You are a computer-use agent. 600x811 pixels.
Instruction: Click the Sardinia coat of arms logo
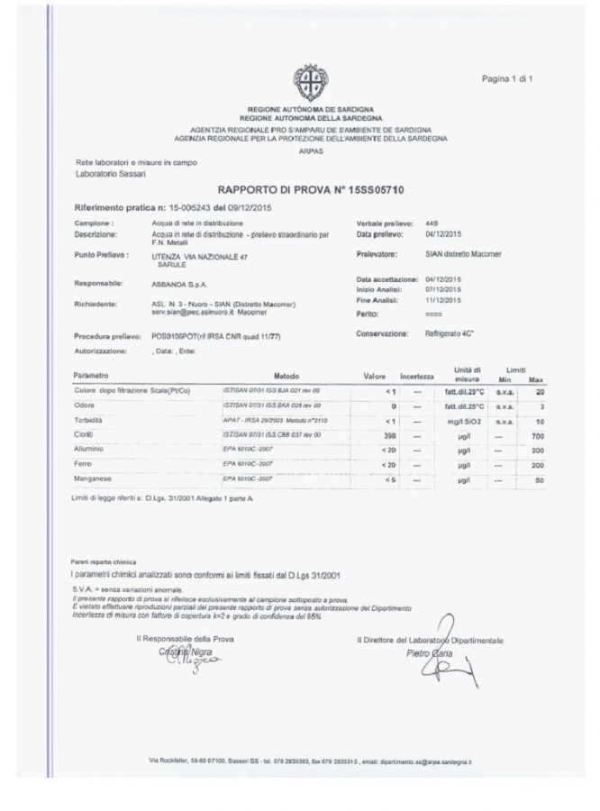pyautogui.click(x=310, y=82)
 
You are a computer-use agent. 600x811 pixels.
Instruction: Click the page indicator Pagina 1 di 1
pyautogui.click(x=507, y=79)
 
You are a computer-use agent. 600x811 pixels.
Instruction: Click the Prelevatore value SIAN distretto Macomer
pyautogui.click(x=463, y=254)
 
